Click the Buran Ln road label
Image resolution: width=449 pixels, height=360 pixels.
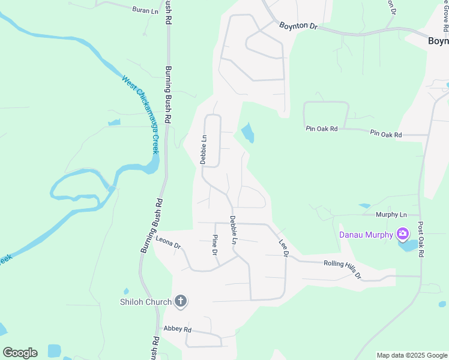pyautogui.click(x=144, y=10)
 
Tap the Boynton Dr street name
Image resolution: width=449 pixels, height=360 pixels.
pyautogui.click(x=297, y=26)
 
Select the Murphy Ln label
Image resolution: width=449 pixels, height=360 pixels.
pyautogui.click(x=391, y=215)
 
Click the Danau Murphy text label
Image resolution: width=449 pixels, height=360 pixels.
pyautogui.click(x=366, y=235)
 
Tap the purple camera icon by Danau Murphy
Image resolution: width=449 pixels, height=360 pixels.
pyautogui.click(x=403, y=233)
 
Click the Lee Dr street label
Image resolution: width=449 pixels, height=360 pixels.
pyautogui.click(x=283, y=248)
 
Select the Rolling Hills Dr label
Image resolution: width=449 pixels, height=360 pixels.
pyautogui.click(x=342, y=268)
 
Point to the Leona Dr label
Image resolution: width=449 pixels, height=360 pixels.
pyautogui.click(x=168, y=242)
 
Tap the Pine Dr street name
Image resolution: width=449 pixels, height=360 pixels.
pyautogui.click(x=214, y=244)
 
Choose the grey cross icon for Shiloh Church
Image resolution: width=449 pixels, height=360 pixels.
pyautogui.click(x=181, y=302)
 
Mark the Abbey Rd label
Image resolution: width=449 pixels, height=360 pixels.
pyautogui.click(x=177, y=329)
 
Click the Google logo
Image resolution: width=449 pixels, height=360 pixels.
pyautogui.click(x=20, y=353)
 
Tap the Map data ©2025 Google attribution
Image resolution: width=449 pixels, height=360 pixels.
pyautogui.click(x=411, y=355)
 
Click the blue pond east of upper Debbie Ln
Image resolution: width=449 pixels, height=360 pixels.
pyautogui.click(x=247, y=133)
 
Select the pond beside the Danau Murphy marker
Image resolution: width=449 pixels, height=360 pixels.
pyautogui.click(x=408, y=245)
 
